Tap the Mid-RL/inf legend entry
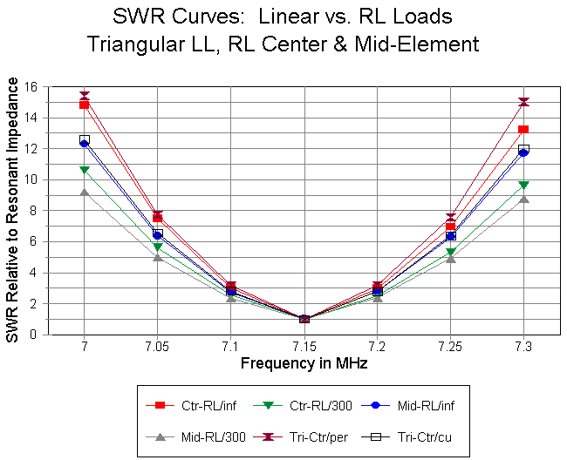point(411,405)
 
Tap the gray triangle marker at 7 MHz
point(85,192)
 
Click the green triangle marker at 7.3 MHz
point(523,186)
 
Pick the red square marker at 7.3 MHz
point(523,130)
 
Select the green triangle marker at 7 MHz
point(85,170)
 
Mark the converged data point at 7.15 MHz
point(304,319)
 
